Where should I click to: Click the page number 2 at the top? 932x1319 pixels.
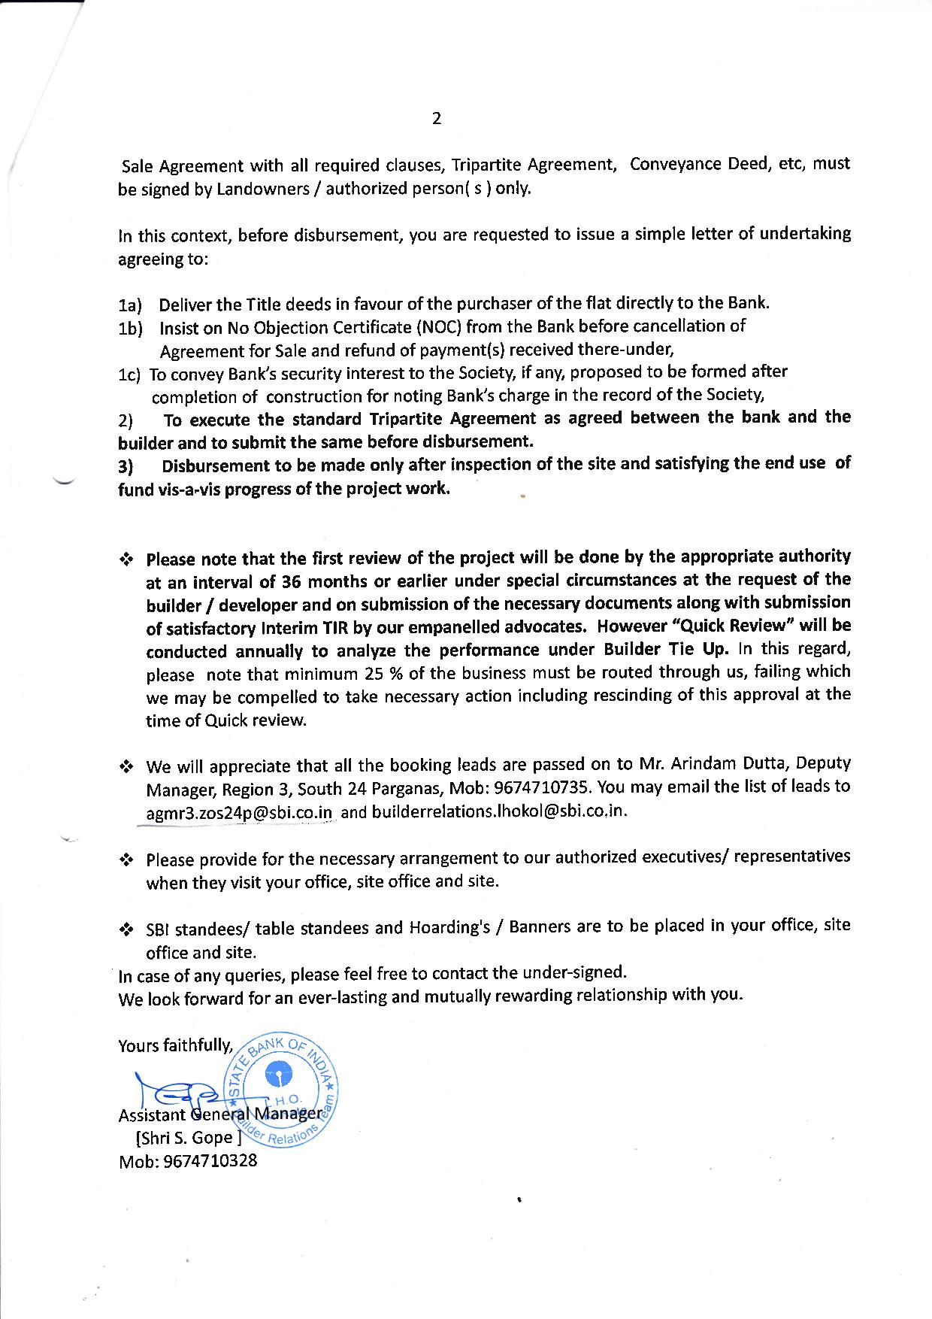pyautogui.click(x=436, y=118)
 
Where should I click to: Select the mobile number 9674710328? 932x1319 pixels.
pyautogui.click(x=210, y=1160)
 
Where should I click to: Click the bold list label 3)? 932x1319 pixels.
pyautogui.click(x=126, y=467)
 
